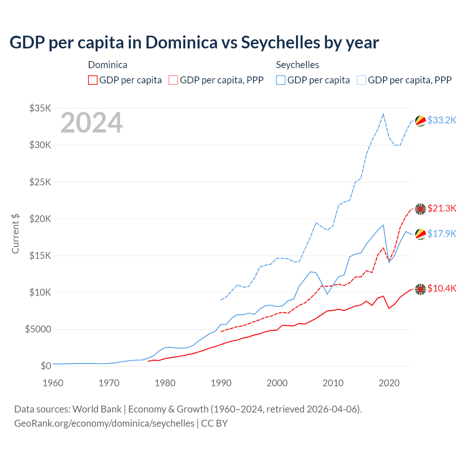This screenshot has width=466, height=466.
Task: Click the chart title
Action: [194, 43]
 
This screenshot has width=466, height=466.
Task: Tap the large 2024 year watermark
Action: [91, 123]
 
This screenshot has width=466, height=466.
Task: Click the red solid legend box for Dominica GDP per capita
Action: [93, 80]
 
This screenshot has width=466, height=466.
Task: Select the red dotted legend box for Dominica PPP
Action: [174, 80]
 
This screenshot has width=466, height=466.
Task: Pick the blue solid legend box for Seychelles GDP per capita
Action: [281, 80]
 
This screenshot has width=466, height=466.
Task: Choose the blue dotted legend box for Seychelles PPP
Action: [362, 80]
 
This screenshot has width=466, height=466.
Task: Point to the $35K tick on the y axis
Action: [40, 108]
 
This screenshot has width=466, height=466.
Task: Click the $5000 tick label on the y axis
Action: [38, 329]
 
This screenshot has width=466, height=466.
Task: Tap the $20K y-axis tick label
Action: [40, 219]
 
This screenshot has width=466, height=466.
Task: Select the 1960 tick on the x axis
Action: [53, 383]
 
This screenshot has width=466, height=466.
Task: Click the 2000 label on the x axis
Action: [277, 383]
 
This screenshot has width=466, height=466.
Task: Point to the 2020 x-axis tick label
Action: [389, 383]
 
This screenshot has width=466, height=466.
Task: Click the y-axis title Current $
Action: [15, 233]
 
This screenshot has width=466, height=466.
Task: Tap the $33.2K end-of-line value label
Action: [442, 120]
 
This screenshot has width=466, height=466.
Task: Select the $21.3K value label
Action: [442, 208]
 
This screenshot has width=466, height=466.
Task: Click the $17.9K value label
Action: [442, 234]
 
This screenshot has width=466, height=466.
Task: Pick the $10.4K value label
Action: [442, 289]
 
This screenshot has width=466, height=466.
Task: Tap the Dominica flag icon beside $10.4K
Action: [420, 289]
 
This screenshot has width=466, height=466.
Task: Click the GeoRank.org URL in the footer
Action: [104, 423]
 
